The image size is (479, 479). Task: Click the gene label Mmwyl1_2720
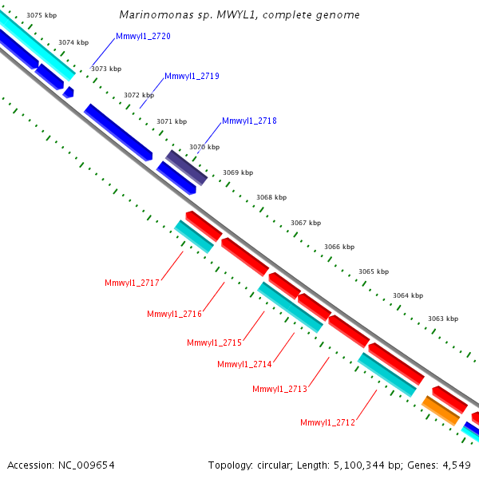point(143,37)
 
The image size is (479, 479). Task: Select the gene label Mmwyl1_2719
point(192,76)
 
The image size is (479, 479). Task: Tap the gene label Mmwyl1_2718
point(249,121)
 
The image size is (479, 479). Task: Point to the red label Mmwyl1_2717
point(132,283)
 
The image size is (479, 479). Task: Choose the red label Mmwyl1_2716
point(174,314)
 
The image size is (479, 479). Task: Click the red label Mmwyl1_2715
point(215,342)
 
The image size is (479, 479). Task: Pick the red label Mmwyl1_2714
point(245,364)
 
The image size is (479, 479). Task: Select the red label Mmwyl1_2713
point(280,390)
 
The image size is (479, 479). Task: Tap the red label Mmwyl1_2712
point(328,422)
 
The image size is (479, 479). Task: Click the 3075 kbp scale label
point(42,15)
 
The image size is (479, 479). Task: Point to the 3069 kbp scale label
point(238,172)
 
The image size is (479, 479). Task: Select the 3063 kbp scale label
point(443,319)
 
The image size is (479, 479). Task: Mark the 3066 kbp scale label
point(339,247)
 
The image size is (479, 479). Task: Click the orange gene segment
point(441,410)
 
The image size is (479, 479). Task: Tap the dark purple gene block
point(186,168)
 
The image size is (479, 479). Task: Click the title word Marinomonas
point(156,14)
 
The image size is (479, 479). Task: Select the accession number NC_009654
point(86,465)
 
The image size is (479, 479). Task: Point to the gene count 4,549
point(457,465)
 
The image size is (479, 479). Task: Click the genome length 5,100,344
point(358,465)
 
